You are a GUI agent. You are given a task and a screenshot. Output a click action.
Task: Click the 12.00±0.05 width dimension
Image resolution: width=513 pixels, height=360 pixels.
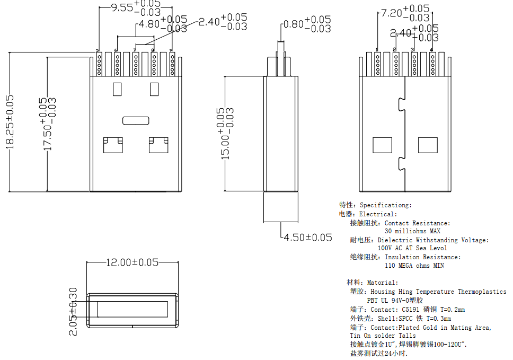(133, 262)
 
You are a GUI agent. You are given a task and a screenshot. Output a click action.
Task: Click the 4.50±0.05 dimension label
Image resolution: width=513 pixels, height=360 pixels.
(308, 238)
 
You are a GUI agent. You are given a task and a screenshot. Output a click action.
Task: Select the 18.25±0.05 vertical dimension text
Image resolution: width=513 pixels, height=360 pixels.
(11, 122)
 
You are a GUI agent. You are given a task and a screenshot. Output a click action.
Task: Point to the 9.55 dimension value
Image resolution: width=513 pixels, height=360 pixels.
(121, 8)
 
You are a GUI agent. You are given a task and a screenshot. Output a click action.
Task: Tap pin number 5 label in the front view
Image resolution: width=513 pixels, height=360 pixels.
(98, 50)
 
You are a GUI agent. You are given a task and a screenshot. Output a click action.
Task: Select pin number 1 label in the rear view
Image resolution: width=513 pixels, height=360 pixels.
(377, 50)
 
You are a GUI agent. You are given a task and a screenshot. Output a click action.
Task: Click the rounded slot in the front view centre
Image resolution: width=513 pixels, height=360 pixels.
(136, 120)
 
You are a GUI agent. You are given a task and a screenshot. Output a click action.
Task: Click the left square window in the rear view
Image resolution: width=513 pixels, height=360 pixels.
(383, 145)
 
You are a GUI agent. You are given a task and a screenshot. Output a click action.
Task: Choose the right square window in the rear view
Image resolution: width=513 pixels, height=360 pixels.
(428, 145)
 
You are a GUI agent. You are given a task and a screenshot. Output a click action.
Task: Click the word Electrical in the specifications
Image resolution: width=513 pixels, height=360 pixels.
(377, 214)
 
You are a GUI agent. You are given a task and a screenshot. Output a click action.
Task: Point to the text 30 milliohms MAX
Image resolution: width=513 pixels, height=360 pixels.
(412, 231)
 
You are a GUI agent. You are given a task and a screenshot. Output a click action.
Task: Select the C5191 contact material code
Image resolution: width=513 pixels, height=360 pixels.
(411, 310)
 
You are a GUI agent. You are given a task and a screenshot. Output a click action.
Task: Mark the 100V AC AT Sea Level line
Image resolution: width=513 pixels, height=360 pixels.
(412, 248)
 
